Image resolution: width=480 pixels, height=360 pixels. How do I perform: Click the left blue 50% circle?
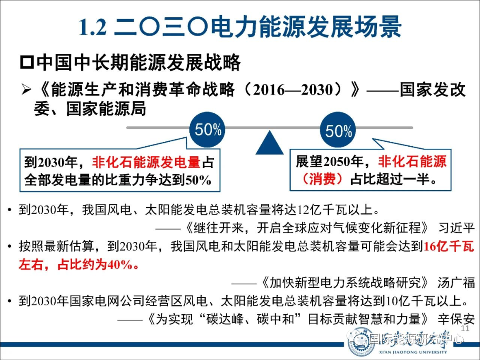point(208,129)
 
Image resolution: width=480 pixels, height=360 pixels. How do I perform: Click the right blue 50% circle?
point(338,130)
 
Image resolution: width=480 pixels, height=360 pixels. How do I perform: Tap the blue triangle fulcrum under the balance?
point(269,143)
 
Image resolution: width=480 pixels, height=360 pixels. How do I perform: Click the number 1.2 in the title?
point(93,28)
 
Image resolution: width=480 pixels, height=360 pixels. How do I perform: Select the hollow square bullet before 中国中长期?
point(27,63)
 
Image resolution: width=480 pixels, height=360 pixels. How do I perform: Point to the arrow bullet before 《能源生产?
point(27,90)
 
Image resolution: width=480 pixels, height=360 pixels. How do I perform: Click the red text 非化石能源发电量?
point(146,162)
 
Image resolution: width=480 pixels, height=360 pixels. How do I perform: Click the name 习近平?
point(456,228)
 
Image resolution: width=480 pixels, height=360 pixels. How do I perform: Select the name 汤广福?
point(456,283)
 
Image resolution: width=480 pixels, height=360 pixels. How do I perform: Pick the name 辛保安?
point(456,319)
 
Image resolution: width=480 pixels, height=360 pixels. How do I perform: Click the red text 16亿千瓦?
point(449,246)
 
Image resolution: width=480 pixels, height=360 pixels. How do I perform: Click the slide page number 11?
point(465,328)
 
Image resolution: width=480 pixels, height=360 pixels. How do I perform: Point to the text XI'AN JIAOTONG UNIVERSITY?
point(413,352)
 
